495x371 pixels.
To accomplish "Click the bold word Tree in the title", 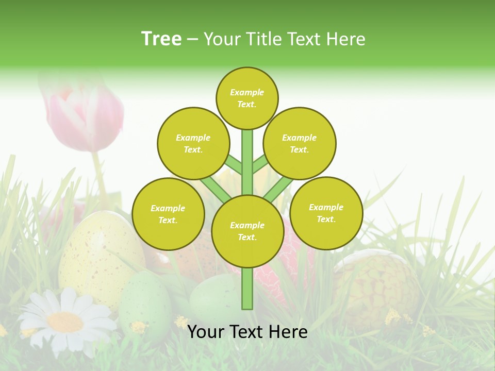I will click(161, 39).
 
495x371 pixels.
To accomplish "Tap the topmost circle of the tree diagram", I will click(247, 98).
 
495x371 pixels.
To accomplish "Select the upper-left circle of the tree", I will click(193, 143).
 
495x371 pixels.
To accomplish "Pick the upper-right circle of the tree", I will click(300, 143).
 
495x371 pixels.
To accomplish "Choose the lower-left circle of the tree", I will click(168, 214).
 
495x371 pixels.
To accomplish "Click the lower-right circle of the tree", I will click(326, 213).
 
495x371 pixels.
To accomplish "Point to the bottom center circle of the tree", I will click(247, 231).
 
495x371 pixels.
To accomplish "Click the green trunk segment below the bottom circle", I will click(247, 289).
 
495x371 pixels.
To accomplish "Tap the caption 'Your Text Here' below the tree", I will click(247, 332).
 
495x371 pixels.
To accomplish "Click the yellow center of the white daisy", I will click(65, 322).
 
